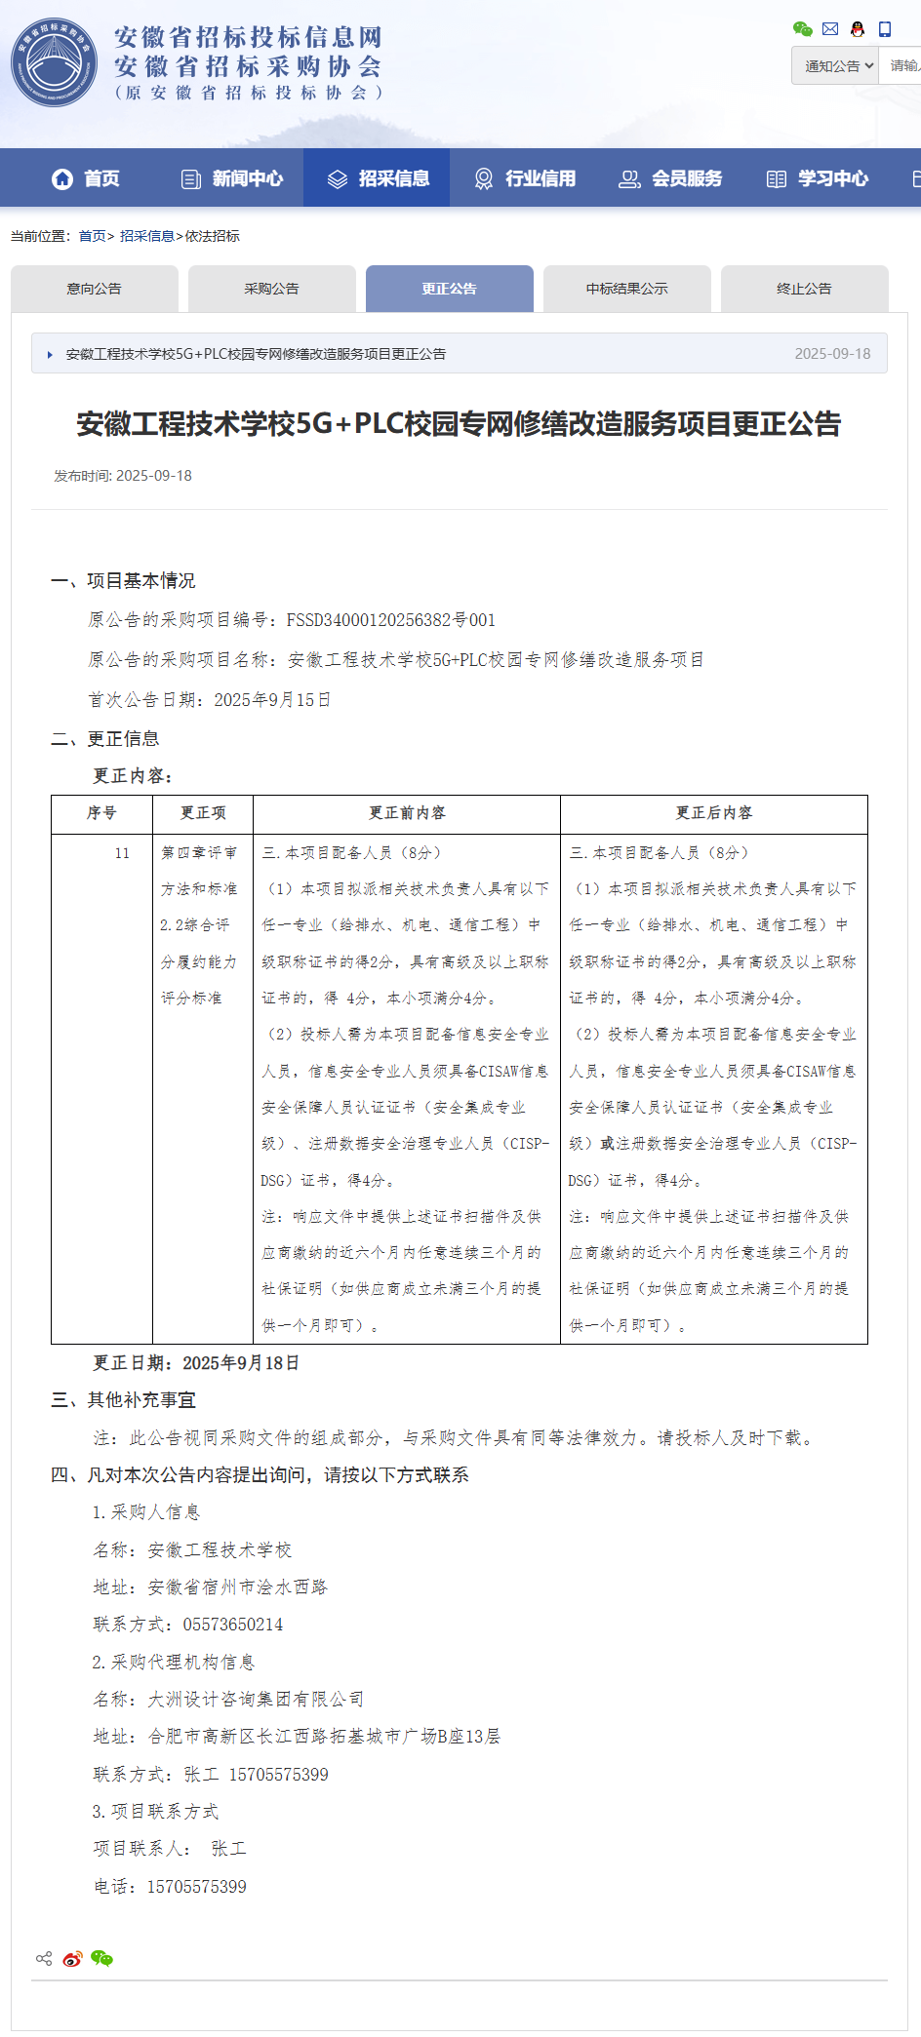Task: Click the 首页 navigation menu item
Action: pyautogui.click(x=86, y=178)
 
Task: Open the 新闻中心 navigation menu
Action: pyautogui.click(x=232, y=178)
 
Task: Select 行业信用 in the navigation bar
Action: pyautogui.click(x=525, y=178)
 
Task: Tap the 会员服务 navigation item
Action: pyautogui.click(x=671, y=178)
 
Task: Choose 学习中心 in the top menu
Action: pyautogui.click(x=818, y=178)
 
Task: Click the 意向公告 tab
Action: pyautogui.click(x=95, y=289)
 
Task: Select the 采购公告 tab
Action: pyautogui.click(x=272, y=289)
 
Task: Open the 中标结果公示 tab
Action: pyautogui.click(x=627, y=289)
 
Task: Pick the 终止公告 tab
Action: pyautogui.click(x=805, y=289)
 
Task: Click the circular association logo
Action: pyautogui.click(x=55, y=62)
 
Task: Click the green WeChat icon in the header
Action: pyautogui.click(x=802, y=29)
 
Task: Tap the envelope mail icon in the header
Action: pyautogui.click(x=830, y=29)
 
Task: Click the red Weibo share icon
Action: pyautogui.click(x=72, y=1959)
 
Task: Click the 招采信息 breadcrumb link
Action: pyautogui.click(x=146, y=236)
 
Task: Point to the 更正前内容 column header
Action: pyautogui.click(x=407, y=813)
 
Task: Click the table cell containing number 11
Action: pyautogui.click(x=122, y=853)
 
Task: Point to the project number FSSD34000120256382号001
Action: pyautogui.click(x=390, y=620)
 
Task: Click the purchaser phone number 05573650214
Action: pyautogui.click(x=233, y=1625)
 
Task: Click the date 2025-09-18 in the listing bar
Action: pyautogui.click(x=832, y=354)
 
